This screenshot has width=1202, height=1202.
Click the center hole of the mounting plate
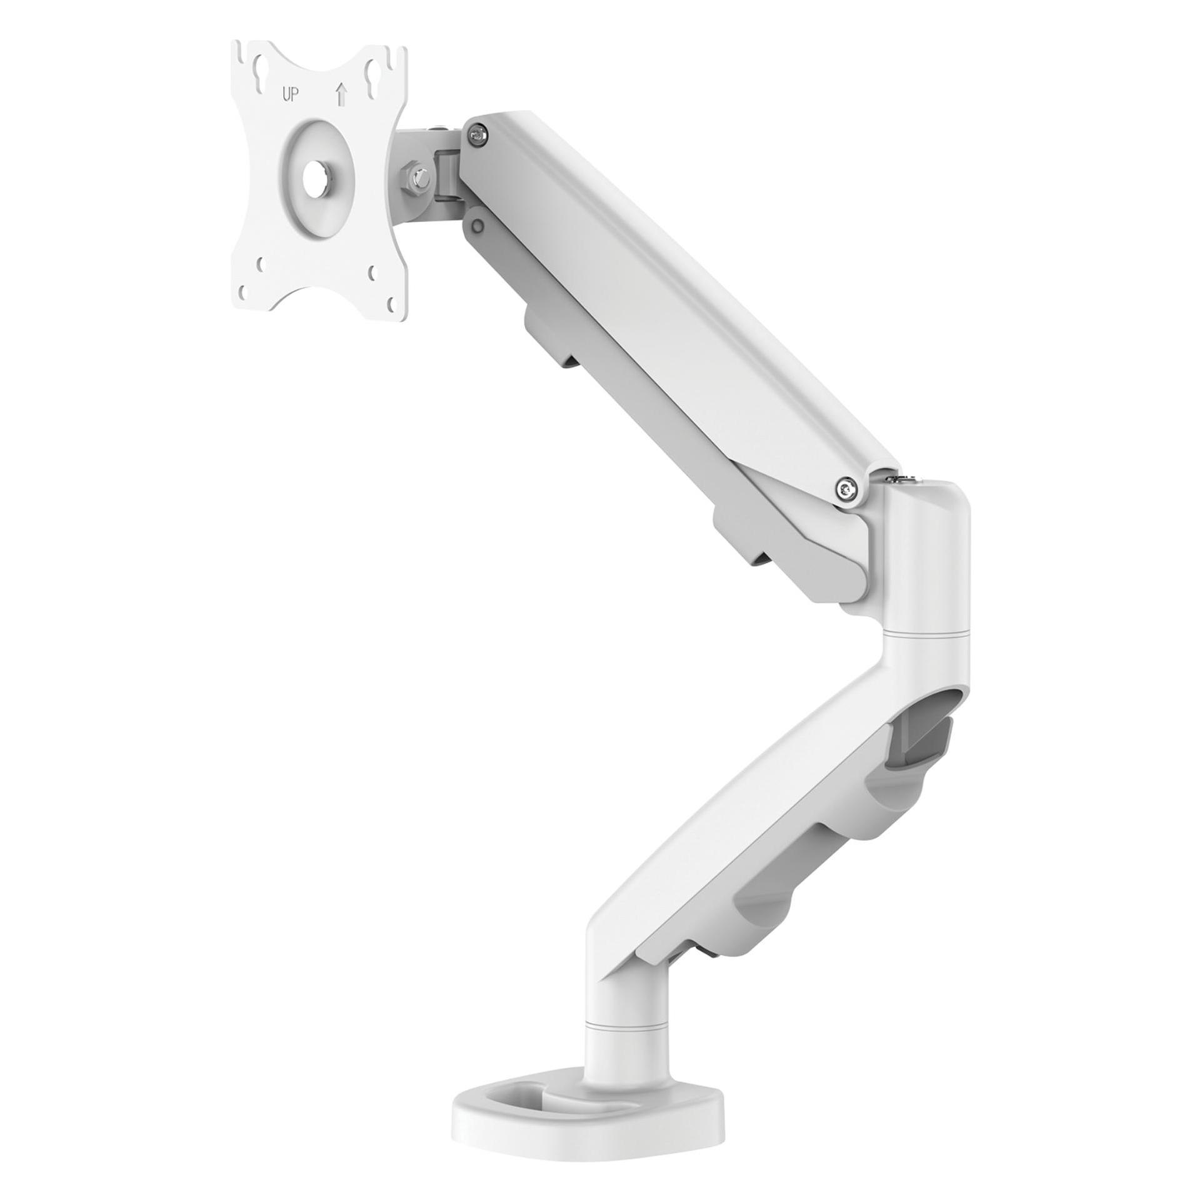tap(316, 178)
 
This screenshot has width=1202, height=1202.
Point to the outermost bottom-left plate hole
tap(246, 292)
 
